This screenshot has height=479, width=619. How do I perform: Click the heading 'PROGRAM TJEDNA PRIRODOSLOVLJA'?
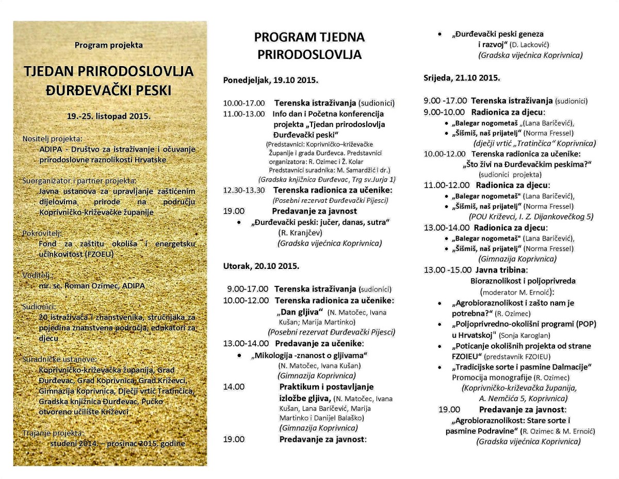(309, 45)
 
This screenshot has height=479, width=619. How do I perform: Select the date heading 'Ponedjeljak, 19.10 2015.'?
(270, 81)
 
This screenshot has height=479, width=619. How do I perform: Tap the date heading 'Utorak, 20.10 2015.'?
(261, 266)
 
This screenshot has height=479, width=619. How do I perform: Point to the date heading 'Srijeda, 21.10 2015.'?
(462, 78)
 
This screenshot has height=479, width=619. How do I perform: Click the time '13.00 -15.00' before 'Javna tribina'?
(447, 270)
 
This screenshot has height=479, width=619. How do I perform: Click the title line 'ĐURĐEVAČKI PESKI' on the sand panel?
(109, 91)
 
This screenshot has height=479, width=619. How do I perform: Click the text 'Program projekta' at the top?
(108, 45)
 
